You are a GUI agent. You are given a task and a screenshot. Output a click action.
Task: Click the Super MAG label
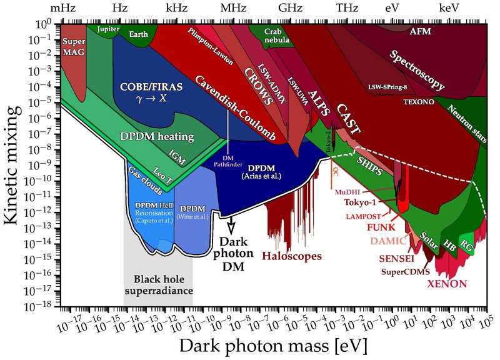click(x=75, y=46)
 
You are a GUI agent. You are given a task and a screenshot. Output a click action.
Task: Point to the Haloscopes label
click(x=292, y=256)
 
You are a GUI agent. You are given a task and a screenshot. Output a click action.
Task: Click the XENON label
click(x=446, y=284)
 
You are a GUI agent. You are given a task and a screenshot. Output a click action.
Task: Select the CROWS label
click(x=256, y=80)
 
